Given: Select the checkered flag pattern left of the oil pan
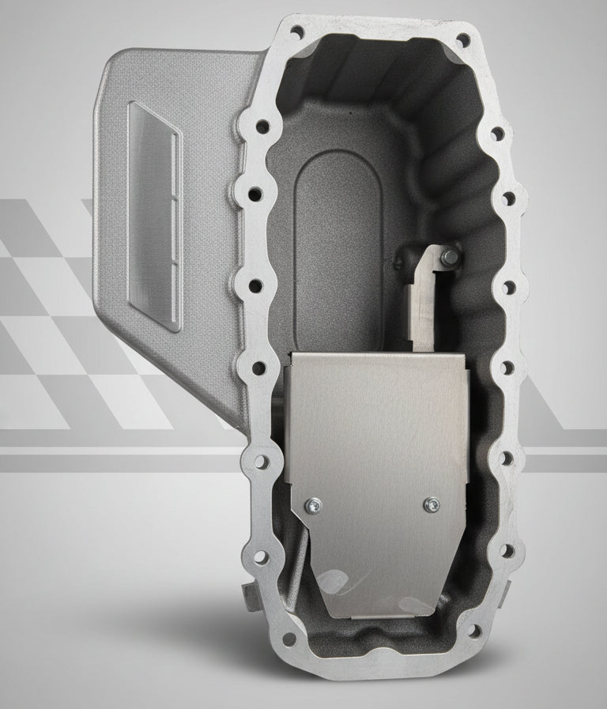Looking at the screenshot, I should [47, 316].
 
